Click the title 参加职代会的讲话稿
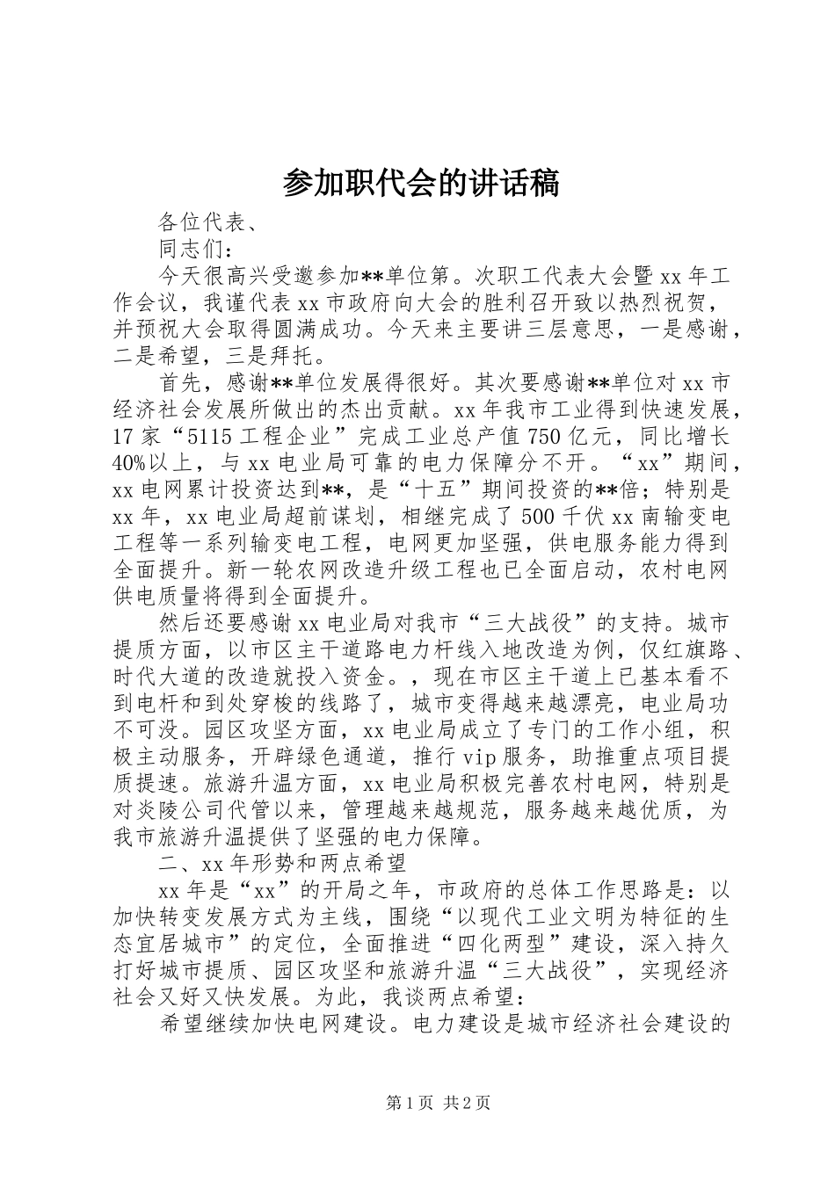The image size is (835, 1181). (421, 184)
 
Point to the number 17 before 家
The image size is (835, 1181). (123, 437)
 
